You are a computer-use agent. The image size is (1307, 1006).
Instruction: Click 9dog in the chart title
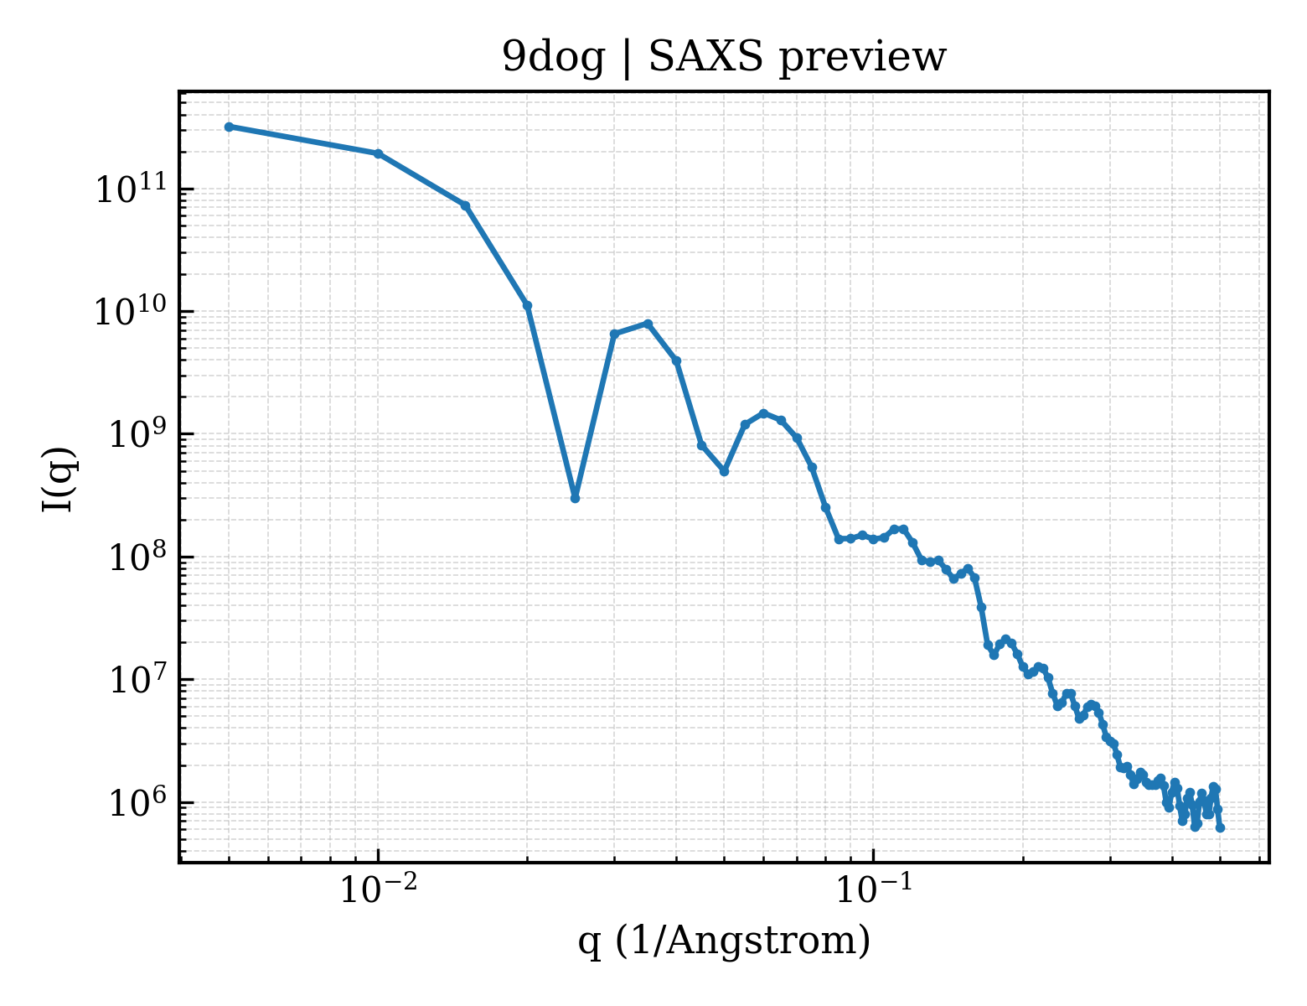pyautogui.click(x=553, y=59)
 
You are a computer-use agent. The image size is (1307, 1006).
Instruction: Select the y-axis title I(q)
pyautogui.click(x=59, y=480)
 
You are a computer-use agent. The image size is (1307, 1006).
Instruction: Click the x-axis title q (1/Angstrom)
pyautogui.click(x=724, y=941)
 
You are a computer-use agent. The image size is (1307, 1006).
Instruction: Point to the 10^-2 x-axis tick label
pyautogui.click(x=378, y=888)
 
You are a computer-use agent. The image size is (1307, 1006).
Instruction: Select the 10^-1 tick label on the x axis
pyautogui.click(x=873, y=888)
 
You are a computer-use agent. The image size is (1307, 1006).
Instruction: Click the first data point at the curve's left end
pyautogui.click(x=229, y=127)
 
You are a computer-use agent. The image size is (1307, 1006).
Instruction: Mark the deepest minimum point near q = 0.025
pyautogui.click(x=575, y=498)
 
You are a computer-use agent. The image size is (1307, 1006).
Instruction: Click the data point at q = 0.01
pyautogui.click(x=378, y=153)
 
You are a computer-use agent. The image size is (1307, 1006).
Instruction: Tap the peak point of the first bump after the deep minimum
pyautogui.click(x=648, y=324)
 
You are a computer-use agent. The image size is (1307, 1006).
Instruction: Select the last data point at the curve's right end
pyautogui.click(x=1220, y=828)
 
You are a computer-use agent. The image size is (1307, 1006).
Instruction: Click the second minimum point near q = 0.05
pyautogui.click(x=724, y=472)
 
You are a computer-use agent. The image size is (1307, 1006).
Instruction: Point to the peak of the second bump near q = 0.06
pyautogui.click(x=764, y=413)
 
